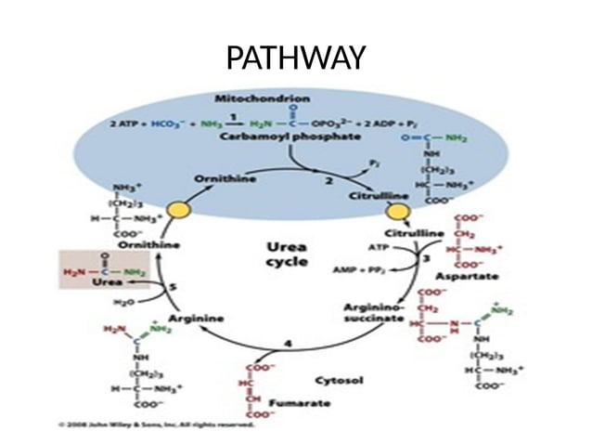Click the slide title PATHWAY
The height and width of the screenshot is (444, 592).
click(x=296, y=58)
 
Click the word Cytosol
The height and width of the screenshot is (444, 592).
click(x=341, y=380)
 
